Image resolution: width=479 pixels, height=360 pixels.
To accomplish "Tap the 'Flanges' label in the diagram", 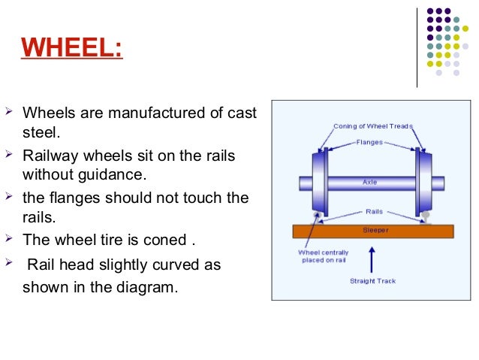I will click(370, 141).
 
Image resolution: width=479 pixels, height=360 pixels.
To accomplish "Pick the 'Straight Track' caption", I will click(372, 281).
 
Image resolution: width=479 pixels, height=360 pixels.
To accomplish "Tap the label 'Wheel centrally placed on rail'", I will click(321, 256).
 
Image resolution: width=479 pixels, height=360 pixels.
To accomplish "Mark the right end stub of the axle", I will click(437, 183).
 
